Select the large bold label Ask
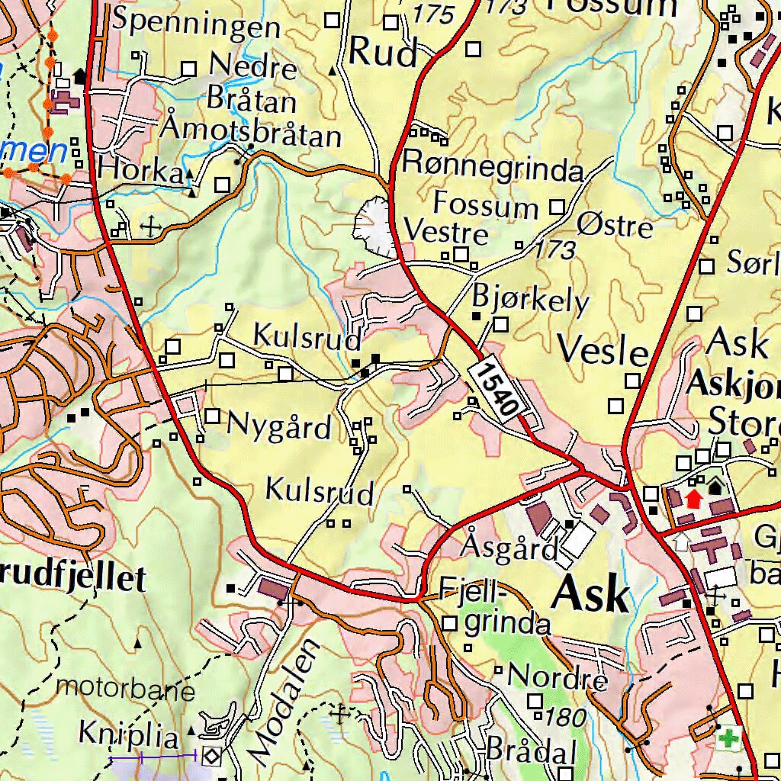tap(591, 594)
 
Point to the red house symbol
tap(693, 498)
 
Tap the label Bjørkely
tap(531, 300)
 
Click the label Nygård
tap(280, 428)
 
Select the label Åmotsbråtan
tap(252, 133)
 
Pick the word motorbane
tap(126, 689)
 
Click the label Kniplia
tap(130, 736)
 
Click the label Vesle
tap(603, 351)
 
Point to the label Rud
tap(384, 54)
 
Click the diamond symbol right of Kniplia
tap(211, 756)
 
